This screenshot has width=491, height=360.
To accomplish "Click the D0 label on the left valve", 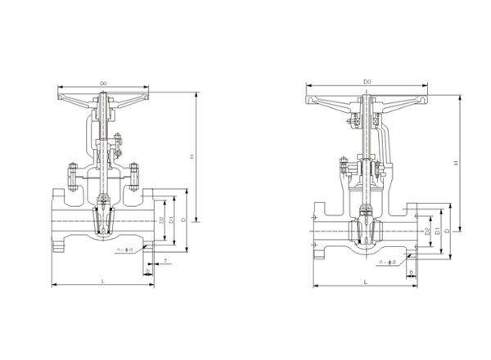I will [104, 83].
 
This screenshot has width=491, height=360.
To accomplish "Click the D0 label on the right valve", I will [367, 82].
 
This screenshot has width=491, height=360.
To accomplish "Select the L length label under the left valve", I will [103, 281].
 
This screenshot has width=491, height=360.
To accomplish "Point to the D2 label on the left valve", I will [162, 219].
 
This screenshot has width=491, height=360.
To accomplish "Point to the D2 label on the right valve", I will [427, 232].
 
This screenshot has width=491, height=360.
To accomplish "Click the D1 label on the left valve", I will [171, 219].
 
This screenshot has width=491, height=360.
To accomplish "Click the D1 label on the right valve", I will [437, 232].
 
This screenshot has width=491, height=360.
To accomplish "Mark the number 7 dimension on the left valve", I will [166, 260].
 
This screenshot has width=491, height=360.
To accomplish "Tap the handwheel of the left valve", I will [104, 94].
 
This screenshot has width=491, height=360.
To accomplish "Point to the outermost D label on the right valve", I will [447, 232].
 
